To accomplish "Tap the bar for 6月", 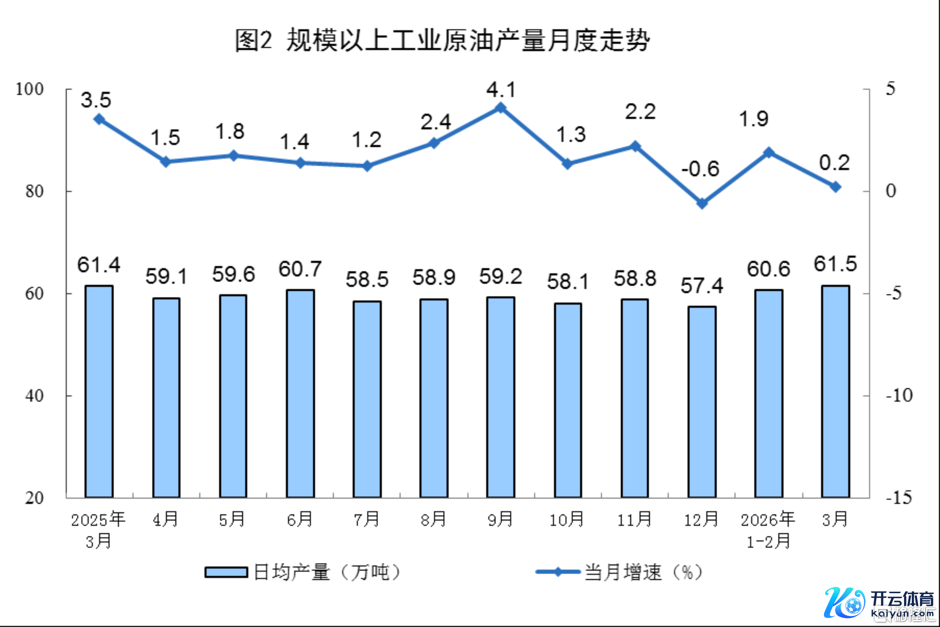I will pos(300,393).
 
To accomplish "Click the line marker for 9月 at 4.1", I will pos(501,108).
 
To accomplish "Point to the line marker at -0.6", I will pos(702,203).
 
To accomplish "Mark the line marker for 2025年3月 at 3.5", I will pos(99,119).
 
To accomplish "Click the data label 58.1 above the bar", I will pos(568,282).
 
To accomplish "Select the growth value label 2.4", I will pos(435,122).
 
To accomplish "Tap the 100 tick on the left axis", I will pos(29,89).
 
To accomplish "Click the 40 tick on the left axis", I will pos(34,396).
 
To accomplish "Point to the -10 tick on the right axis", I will pos(899,395).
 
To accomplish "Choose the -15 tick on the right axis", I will pos(899,498).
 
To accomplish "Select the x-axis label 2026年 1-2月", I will pos(768,530).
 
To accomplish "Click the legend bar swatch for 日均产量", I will pos(226,572).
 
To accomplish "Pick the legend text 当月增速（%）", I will pos(644,572).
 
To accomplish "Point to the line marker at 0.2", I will pos(835,187).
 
